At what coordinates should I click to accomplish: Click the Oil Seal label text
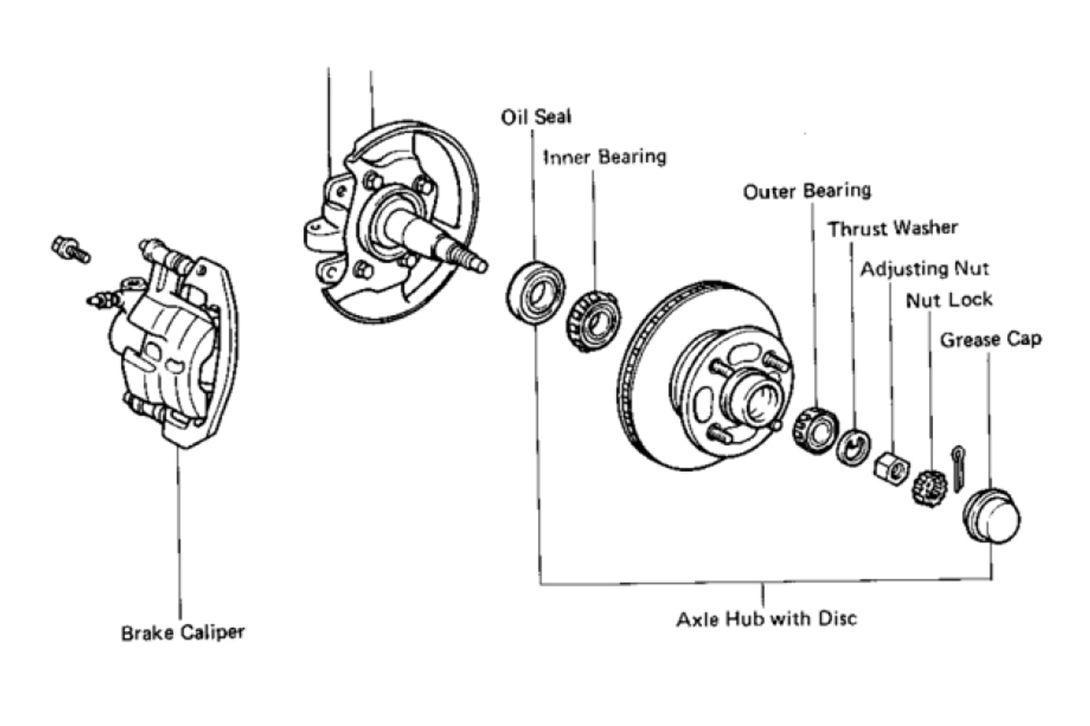point(536,117)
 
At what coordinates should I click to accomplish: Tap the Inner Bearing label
point(605,157)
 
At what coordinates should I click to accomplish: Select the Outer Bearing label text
point(807,191)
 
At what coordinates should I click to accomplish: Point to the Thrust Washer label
point(893,229)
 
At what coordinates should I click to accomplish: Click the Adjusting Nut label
point(925,269)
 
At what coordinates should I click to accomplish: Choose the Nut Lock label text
point(949,300)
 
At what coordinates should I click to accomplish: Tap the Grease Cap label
point(991,339)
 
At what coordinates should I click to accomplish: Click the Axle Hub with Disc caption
point(767,619)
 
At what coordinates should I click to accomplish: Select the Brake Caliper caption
point(183,633)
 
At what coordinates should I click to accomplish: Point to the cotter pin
point(958,468)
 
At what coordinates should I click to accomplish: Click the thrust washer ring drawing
point(854,448)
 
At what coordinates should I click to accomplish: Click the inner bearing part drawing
point(593,321)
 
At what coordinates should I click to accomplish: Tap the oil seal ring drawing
point(535,293)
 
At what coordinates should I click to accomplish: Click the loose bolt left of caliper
point(71,249)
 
